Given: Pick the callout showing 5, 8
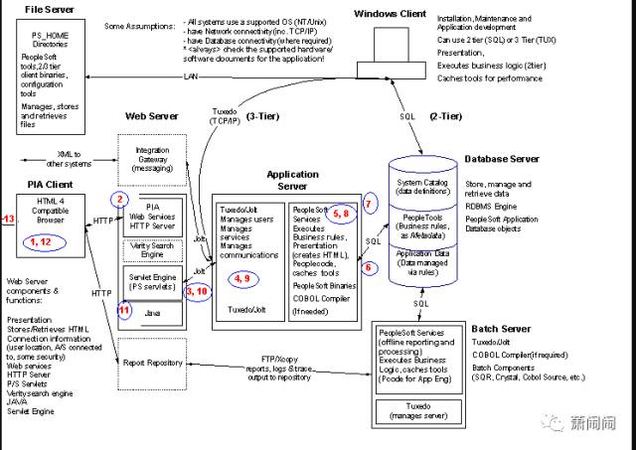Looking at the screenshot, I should [340, 212].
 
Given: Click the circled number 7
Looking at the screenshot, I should [370, 203].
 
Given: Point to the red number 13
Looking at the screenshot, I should [8, 219].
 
